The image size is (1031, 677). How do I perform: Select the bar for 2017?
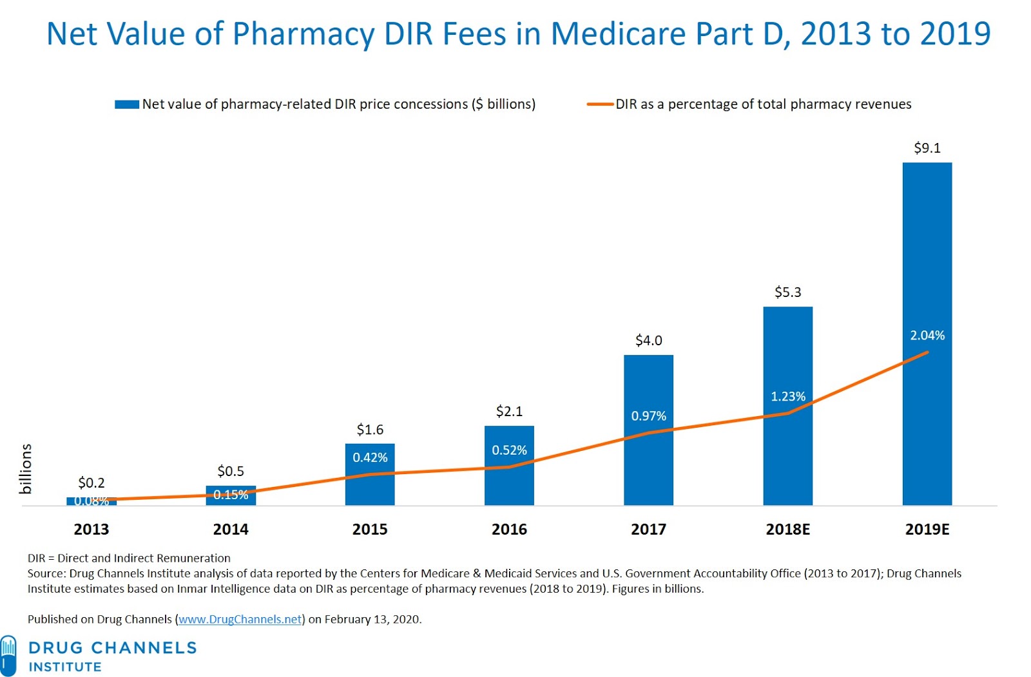click(648, 464)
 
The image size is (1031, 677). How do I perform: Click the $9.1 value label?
click(927, 148)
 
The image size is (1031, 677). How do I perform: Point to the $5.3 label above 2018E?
click(787, 292)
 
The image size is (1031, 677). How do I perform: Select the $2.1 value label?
click(509, 411)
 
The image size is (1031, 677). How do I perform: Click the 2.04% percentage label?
click(927, 336)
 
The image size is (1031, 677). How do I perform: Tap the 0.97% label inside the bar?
click(648, 416)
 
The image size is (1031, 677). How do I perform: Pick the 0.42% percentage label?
click(370, 458)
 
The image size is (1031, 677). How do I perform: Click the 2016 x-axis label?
click(509, 529)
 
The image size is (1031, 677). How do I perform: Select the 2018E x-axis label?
click(787, 529)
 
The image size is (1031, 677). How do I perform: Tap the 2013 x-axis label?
click(92, 529)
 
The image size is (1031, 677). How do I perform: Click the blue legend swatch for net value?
click(127, 104)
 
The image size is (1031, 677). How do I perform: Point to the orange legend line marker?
click(599, 104)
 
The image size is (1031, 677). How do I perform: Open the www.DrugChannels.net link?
click(240, 620)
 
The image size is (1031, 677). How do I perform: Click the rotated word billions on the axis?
click(26, 469)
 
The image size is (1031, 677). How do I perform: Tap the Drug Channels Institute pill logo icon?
click(8, 655)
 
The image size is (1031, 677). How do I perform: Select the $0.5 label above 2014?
click(231, 472)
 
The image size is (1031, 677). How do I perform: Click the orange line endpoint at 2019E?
click(927, 352)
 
